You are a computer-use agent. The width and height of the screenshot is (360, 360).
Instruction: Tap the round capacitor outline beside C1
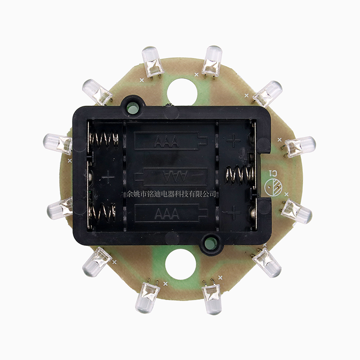point(273,187)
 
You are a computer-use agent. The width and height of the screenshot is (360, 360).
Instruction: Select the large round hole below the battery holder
point(180,264)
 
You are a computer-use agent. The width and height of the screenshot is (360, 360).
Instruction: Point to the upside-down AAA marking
point(175,176)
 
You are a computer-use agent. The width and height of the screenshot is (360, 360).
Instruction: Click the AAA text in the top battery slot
point(166,142)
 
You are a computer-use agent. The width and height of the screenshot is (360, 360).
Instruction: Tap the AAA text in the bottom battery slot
point(167,213)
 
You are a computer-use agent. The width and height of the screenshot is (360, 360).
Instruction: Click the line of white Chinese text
point(171,194)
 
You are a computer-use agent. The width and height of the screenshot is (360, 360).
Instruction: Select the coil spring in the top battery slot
point(104,139)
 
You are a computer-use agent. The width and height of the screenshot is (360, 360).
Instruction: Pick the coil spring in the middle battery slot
point(240,175)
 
